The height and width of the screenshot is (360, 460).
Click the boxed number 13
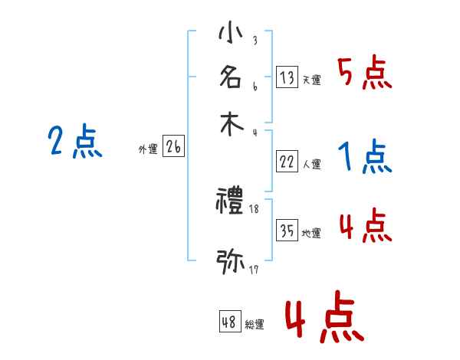287,77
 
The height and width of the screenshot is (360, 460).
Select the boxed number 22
287,161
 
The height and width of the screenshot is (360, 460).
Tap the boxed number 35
287,231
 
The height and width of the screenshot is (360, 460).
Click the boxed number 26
173,147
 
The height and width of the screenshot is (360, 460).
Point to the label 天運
311,80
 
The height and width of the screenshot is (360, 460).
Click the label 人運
311,164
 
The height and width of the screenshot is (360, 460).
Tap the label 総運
255,325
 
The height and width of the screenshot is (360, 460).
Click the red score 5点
364,74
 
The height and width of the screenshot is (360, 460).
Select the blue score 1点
364,157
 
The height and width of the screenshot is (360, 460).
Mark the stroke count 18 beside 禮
255,209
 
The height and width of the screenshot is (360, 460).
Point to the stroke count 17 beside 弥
254,270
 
